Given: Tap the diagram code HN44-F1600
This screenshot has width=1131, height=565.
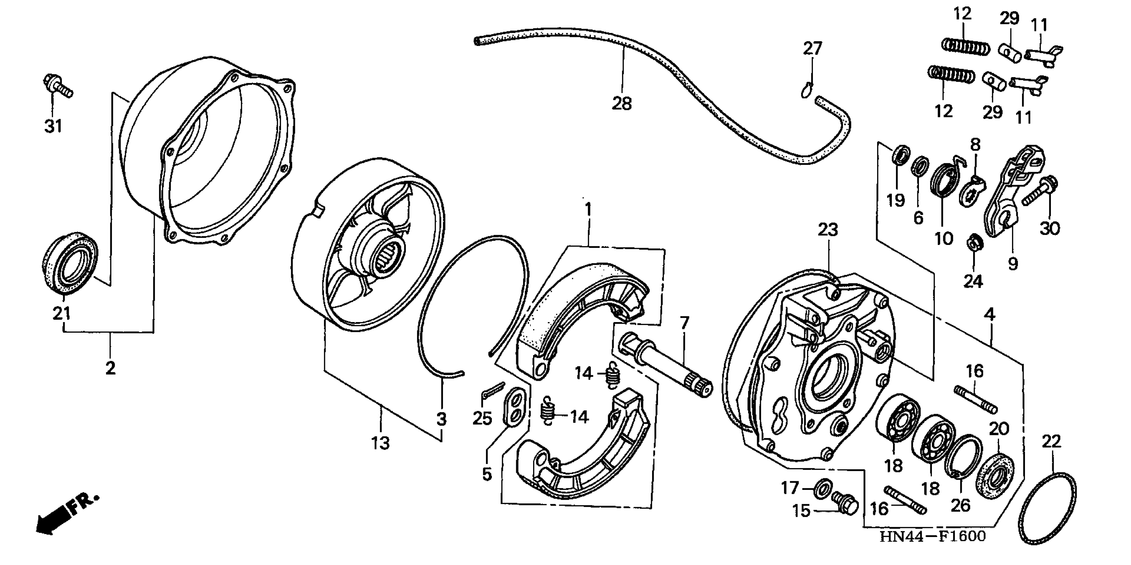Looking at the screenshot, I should coord(933,536).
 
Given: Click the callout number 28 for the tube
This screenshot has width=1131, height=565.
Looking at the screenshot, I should coord(622,104).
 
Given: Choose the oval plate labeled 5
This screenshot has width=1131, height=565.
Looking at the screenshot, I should coord(513,406).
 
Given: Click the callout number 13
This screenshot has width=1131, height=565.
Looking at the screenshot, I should coord(380,443).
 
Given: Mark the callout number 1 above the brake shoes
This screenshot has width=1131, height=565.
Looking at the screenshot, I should coord(588,209).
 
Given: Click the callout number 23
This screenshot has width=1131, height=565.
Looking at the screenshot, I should coord(828,230).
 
